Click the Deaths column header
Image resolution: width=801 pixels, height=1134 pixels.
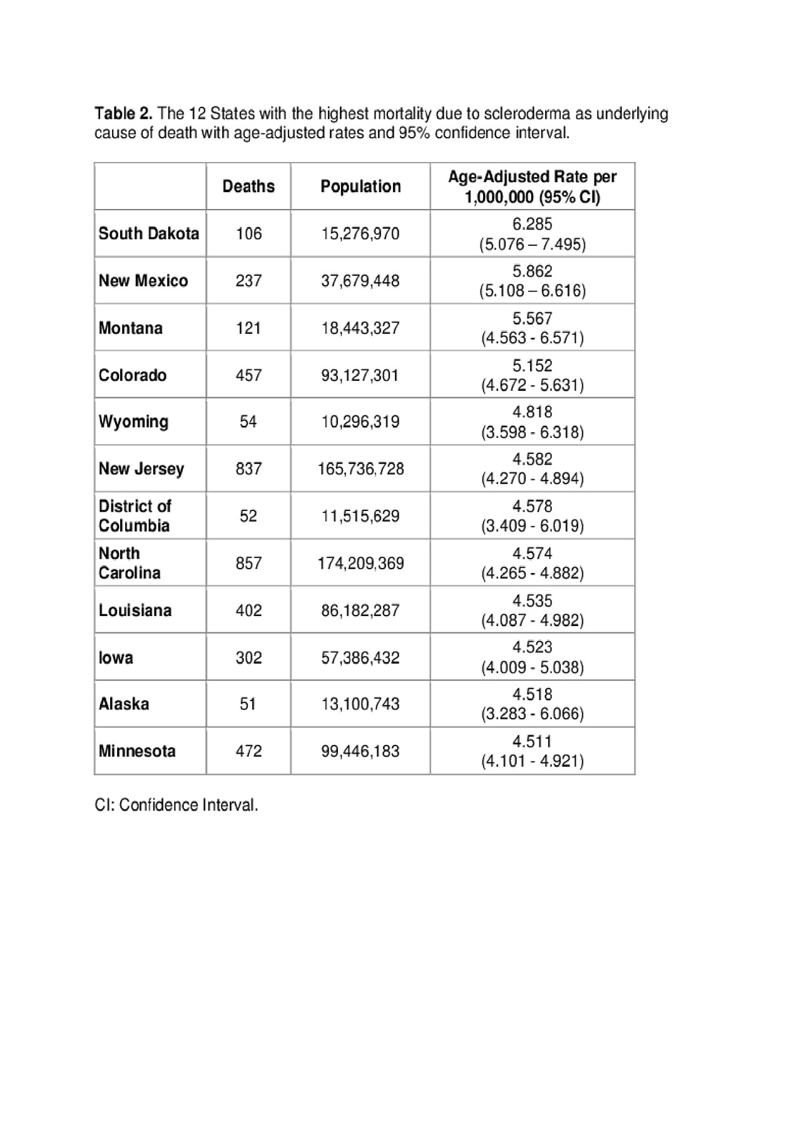tap(248, 186)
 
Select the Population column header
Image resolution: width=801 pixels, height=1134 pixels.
tap(360, 186)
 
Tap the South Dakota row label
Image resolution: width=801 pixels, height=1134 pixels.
tap(149, 233)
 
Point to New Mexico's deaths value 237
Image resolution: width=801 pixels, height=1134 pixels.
tap(248, 280)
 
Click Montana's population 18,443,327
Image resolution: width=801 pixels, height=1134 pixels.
tap(360, 328)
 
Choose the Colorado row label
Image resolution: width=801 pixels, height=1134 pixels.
tap(133, 375)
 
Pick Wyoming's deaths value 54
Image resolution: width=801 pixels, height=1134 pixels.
tap(248, 422)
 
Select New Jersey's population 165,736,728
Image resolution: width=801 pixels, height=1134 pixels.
tap(360, 468)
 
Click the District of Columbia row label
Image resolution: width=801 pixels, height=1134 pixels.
tap(135, 515)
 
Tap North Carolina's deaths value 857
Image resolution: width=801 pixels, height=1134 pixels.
tap(248, 563)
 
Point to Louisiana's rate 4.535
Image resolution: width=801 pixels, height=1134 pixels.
tap(533, 600)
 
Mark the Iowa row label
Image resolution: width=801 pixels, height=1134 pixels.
tap(116, 657)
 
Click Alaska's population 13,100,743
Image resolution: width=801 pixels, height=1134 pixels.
tap(360, 704)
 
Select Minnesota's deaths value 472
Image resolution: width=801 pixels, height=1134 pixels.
tap(248, 751)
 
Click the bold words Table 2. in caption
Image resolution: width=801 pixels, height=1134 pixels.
tap(123, 114)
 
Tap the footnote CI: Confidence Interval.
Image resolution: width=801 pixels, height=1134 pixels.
tap(176, 805)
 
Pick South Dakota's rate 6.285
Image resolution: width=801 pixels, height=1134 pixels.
tap(533, 224)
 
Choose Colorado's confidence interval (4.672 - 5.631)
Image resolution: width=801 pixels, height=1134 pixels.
tap(533, 385)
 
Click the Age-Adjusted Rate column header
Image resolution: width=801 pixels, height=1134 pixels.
tap(533, 186)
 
